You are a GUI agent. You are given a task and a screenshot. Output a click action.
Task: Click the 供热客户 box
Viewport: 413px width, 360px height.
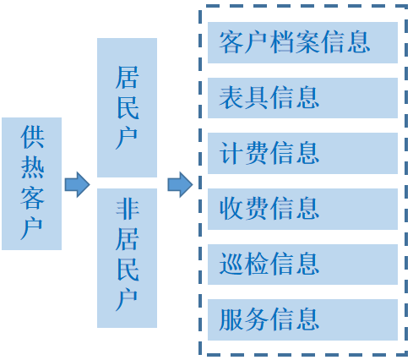click(x=31, y=183)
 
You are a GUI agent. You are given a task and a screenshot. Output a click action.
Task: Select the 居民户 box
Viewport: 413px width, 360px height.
click(x=127, y=107)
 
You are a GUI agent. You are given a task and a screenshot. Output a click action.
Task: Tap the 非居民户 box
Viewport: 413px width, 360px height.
click(x=127, y=258)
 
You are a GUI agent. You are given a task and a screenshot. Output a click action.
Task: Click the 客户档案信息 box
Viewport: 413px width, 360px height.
click(x=302, y=42)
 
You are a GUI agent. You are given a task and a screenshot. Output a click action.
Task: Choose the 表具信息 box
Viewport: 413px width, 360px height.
click(x=302, y=98)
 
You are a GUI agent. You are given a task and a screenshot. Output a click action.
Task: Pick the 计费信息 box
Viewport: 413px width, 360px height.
click(x=302, y=153)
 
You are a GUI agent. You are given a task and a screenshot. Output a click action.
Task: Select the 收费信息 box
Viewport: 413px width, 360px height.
click(x=302, y=209)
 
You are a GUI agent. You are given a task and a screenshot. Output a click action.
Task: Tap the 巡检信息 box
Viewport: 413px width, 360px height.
click(x=302, y=265)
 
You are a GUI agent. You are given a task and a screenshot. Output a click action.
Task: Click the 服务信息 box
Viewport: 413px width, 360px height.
click(x=302, y=319)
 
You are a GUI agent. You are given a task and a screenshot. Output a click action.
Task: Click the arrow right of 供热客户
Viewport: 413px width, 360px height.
click(x=78, y=184)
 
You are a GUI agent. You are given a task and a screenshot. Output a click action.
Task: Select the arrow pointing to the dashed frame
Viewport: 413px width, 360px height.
click(x=181, y=184)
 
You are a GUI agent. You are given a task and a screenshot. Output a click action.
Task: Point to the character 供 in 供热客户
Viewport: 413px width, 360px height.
click(x=32, y=137)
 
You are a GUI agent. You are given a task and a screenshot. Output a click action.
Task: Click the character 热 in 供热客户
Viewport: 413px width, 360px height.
click(x=32, y=167)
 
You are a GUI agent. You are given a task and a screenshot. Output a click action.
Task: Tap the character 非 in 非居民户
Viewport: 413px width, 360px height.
click(x=128, y=209)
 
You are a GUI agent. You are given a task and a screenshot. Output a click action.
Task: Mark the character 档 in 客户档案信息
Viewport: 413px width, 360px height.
click(x=282, y=42)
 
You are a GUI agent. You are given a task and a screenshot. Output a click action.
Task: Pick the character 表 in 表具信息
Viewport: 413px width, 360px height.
click(x=231, y=97)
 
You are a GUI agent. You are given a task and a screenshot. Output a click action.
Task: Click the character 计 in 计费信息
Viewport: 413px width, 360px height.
click(x=231, y=153)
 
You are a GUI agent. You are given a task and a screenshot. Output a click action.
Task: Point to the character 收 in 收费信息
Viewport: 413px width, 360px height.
click(x=231, y=209)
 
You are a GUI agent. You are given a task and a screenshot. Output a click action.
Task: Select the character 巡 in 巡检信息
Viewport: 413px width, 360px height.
click(x=231, y=264)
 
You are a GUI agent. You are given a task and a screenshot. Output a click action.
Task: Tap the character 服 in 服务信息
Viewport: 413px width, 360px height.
click(x=231, y=319)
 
